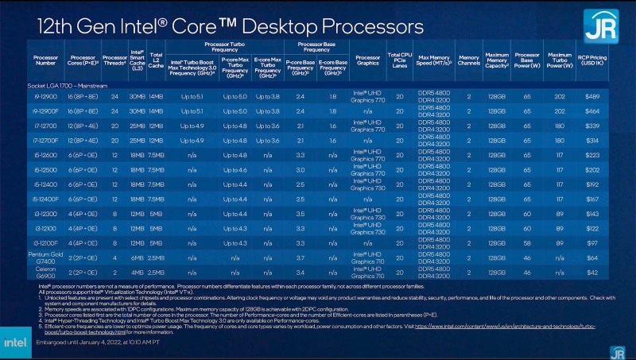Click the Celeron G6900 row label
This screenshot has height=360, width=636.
pyautogui.click(x=45, y=272)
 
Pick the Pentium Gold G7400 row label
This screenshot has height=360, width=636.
pyautogui.click(x=45, y=257)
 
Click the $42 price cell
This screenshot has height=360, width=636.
pyautogui.click(x=593, y=272)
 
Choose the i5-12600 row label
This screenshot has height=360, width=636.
pyautogui.click(x=45, y=154)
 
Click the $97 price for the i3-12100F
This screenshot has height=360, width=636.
pyautogui.click(x=593, y=242)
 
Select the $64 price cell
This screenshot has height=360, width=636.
pyautogui.click(x=593, y=257)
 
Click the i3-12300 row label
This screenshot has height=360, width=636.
pyautogui.click(x=45, y=213)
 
